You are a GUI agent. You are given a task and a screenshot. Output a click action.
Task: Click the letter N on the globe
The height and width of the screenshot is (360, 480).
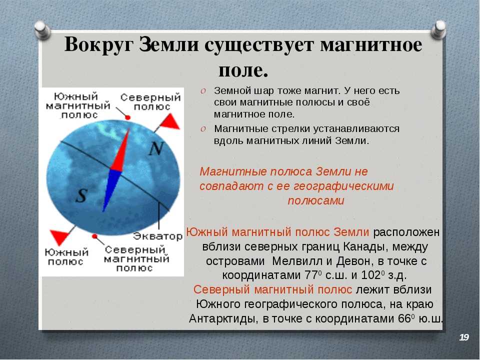click(x=156, y=148)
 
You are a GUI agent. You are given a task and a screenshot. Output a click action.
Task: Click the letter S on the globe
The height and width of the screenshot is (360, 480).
click(x=81, y=195)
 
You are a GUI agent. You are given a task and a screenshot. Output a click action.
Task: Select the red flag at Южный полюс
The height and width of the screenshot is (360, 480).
click(x=60, y=237)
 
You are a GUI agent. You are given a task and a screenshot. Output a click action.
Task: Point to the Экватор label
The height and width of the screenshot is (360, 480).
click(x=157, y=236)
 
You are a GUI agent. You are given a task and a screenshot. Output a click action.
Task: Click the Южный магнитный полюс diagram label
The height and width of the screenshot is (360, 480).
click(x=78, y=105)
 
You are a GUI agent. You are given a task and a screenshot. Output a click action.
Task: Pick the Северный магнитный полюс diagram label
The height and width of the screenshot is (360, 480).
click(x=136, y=258)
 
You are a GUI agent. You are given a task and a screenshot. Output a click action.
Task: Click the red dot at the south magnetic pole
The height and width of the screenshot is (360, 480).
click(x=128, y=117)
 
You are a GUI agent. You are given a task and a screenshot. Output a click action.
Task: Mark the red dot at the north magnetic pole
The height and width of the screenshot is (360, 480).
click(x=94, y=236)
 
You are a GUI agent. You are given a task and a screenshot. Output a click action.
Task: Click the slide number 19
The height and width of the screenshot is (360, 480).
click(x=464, y=337)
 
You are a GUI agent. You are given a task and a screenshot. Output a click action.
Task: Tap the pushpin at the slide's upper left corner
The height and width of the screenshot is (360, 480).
click(x=42, y=29)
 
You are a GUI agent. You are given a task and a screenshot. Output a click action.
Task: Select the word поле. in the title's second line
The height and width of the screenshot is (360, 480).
click(x=243, y=70)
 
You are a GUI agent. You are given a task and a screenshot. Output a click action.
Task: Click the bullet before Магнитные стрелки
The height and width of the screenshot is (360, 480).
click(x=203, y=129)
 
